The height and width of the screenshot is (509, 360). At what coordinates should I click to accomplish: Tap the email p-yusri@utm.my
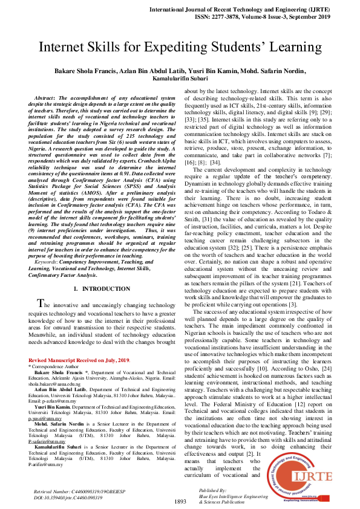pyautogui.click(x=45, y=418)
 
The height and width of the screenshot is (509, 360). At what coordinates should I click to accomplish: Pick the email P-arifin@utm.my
pyautogui.click(x=45, y=464)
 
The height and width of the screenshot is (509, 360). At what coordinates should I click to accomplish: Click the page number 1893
pyautogui.click(x=180, y=502)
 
